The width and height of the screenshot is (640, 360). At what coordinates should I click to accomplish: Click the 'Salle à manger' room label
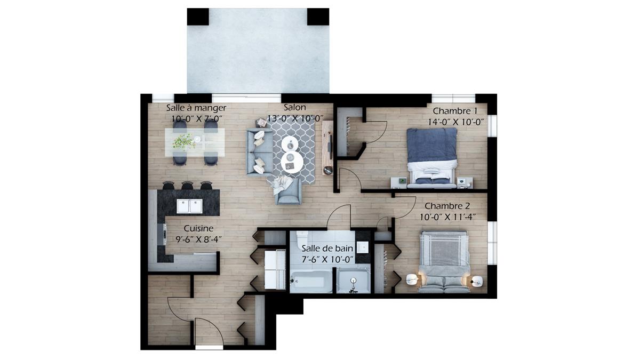coord(196,108)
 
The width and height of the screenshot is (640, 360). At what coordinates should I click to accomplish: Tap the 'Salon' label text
coord(295,107)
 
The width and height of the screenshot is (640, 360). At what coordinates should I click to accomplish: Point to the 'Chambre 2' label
coord(447,206)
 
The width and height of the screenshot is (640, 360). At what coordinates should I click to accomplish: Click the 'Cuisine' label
coord(198,228)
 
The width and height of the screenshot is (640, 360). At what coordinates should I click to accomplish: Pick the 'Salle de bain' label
coord(327,249)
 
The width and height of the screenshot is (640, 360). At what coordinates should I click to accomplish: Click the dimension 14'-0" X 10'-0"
coord(455,122)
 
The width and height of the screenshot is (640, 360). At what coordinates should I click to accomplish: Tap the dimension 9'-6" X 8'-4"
coord(199,239)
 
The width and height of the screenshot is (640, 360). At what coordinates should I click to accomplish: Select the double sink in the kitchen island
coord(189,206)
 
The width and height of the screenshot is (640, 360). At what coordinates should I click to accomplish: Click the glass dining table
coord(195,142)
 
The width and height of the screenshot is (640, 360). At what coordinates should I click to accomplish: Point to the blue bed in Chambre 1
coord(431,158)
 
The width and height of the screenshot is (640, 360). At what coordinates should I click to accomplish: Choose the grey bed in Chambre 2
coord(444,262)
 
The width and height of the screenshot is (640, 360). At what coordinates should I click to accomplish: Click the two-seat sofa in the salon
coord(259,151)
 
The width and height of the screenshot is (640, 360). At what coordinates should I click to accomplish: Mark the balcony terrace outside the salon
coord(258,51)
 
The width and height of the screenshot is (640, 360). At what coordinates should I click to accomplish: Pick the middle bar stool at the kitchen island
coord(187,186)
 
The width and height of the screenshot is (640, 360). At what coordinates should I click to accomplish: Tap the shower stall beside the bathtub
coord(354,281)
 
